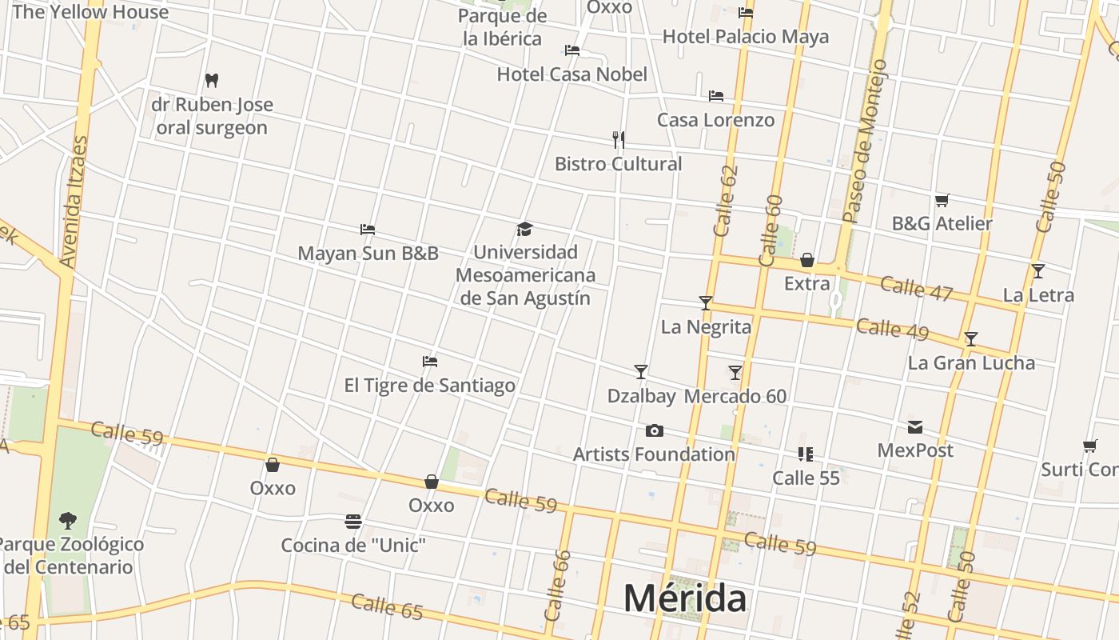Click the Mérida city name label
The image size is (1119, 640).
point(685,598)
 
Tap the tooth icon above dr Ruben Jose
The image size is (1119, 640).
point(212,80)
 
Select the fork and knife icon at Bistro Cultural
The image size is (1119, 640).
point(618,139)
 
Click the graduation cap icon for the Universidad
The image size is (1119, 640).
point(524,230)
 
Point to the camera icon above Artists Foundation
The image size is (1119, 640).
point(654,431)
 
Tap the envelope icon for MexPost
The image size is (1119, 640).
point(914,427)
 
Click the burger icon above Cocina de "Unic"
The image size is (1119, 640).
point(353,522)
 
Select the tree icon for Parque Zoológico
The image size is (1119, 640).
point(68,521)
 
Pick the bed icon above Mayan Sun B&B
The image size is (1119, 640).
point(368,230)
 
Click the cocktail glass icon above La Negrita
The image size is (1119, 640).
point(705,303)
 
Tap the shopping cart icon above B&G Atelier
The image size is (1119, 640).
point(942,200)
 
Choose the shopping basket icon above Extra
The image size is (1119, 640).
point(807,260)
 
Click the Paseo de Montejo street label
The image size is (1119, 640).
point(866,141)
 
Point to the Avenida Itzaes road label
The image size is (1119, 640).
point(74,202)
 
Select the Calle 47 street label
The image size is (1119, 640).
point(916,288)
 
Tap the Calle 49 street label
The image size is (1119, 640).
point(892,328)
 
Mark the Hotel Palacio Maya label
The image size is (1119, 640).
point(745,37)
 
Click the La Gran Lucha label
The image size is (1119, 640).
point(971,363)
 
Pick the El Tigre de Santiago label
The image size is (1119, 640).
point(429,386)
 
